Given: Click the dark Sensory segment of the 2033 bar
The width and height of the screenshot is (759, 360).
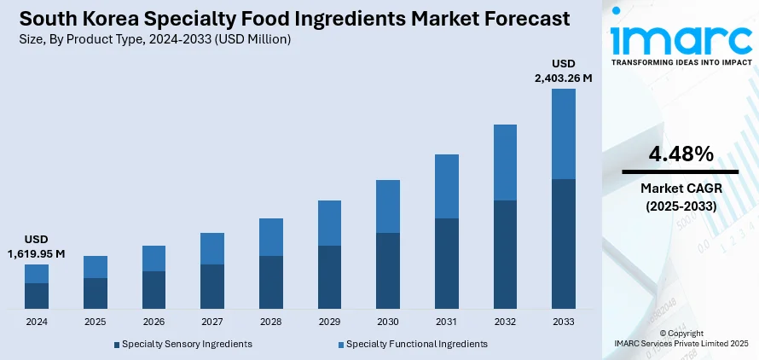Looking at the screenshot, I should pos(563,243).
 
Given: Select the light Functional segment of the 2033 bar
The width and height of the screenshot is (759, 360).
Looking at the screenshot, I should pos(563,134).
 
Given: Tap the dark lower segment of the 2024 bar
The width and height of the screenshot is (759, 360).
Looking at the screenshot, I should pos(37,295).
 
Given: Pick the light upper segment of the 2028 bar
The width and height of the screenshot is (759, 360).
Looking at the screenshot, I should pos(271,237).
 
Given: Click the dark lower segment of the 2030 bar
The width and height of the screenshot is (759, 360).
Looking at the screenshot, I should pos(388,270).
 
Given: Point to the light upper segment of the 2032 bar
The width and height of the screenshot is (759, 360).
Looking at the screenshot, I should pos(505,162).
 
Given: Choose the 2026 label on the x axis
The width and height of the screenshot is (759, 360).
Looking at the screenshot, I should pos(154,322).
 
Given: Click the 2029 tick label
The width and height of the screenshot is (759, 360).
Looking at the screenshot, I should pos(329,322).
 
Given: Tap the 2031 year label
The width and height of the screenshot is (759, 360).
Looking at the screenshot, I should pos(446,322).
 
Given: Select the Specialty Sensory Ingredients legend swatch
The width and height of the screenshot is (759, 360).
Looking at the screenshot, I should pos(117,345).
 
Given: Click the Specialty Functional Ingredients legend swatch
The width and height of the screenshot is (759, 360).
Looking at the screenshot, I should pos(341,345).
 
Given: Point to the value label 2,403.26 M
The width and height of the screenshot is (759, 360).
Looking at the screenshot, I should pos(563,78).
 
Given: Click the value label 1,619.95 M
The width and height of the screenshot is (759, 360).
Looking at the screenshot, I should pos(37,253).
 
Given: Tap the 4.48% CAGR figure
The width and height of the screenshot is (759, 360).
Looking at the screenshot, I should pos(680,154).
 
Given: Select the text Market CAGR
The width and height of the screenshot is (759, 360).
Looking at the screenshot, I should pos(680,189).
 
